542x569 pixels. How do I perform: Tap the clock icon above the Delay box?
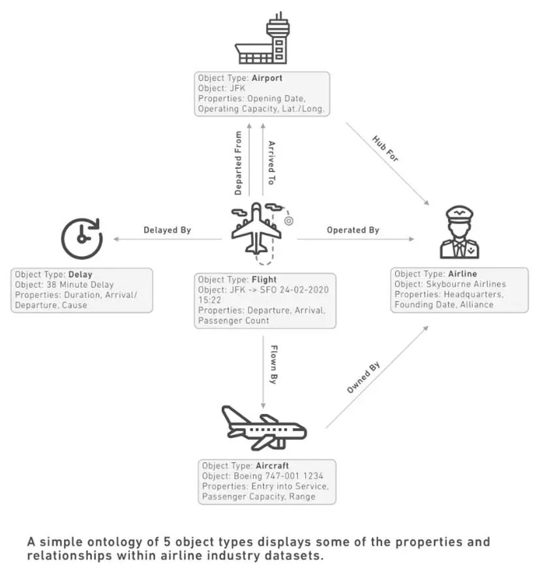82,239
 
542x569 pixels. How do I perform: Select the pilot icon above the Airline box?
459,232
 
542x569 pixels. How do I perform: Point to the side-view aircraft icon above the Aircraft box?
264,428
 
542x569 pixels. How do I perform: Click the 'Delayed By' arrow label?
168,230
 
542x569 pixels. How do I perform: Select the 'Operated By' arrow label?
353,230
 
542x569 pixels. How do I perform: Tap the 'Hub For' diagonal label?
385,149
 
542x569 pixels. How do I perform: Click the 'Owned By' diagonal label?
363,377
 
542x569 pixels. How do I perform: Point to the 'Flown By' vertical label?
274,365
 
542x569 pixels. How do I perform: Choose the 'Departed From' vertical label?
238,163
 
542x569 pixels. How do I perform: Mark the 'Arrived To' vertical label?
271,163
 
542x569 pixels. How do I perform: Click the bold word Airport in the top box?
267,78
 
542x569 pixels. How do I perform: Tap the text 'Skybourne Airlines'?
466,284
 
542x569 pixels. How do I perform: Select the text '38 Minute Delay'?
80,284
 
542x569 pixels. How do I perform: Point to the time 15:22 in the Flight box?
209,300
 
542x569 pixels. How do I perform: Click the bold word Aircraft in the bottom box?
272,465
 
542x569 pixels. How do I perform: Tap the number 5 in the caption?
167,542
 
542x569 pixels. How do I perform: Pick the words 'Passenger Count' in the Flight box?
233,321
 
